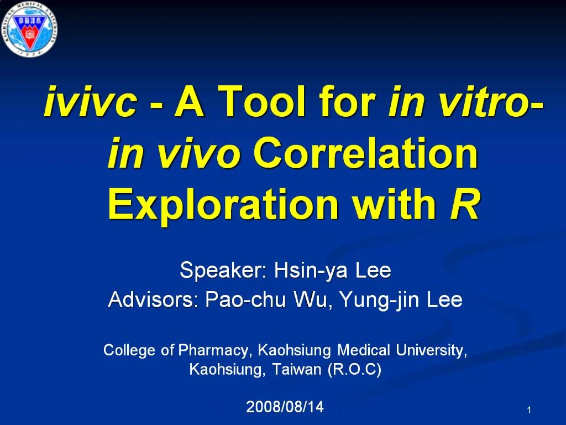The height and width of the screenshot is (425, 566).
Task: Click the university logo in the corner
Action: click(x=30, y=28)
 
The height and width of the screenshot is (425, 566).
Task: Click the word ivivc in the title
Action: click(x=90, y=103)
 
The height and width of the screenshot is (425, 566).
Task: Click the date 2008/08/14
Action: click(x=285, y=407)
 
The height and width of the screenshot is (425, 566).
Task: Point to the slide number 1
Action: click(x=529, y=410)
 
